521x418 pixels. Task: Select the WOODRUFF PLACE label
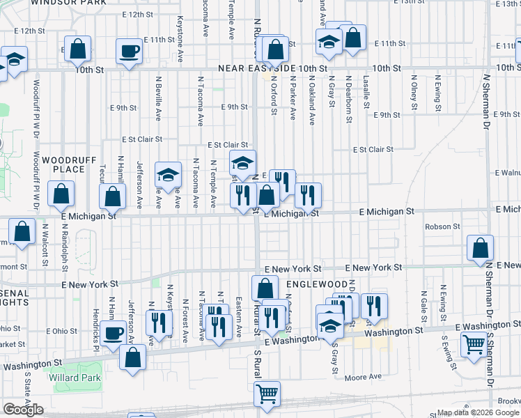point(63,164)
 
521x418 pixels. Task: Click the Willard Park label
point(75,378)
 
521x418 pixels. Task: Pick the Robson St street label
point(442,226)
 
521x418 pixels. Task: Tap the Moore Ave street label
point(364,377)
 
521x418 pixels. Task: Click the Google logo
point(23,410)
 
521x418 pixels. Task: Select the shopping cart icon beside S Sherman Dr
point(474,344)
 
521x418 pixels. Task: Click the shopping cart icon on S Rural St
point(267,394)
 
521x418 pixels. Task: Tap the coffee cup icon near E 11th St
point(129,52)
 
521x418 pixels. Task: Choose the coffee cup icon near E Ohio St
point(113,332)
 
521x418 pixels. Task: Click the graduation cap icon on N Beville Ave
point(168,175)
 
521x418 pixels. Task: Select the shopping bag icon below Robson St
point(480,248)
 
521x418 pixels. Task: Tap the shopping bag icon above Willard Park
point(132,357)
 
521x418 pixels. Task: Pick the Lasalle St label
point(366,90)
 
